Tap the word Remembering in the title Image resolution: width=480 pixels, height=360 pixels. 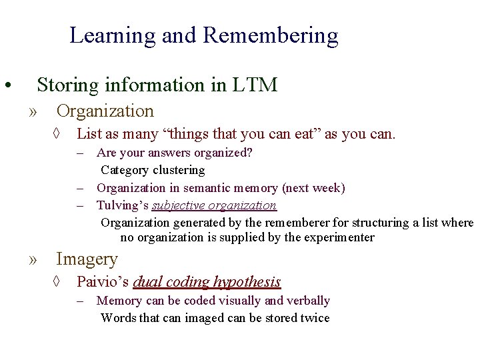(271, 35)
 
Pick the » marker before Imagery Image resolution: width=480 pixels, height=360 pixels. (34, 259)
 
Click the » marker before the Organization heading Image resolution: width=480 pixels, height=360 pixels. (34, 111)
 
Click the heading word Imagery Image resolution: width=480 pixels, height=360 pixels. (87, 259)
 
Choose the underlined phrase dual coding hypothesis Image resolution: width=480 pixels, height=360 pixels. (207, 282)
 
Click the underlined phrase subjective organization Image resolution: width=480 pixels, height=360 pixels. (213, 205)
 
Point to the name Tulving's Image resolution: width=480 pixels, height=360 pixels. (123, 205)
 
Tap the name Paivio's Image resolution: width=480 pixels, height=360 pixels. (103, 282)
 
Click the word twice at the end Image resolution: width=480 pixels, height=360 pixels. (315, 318)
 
